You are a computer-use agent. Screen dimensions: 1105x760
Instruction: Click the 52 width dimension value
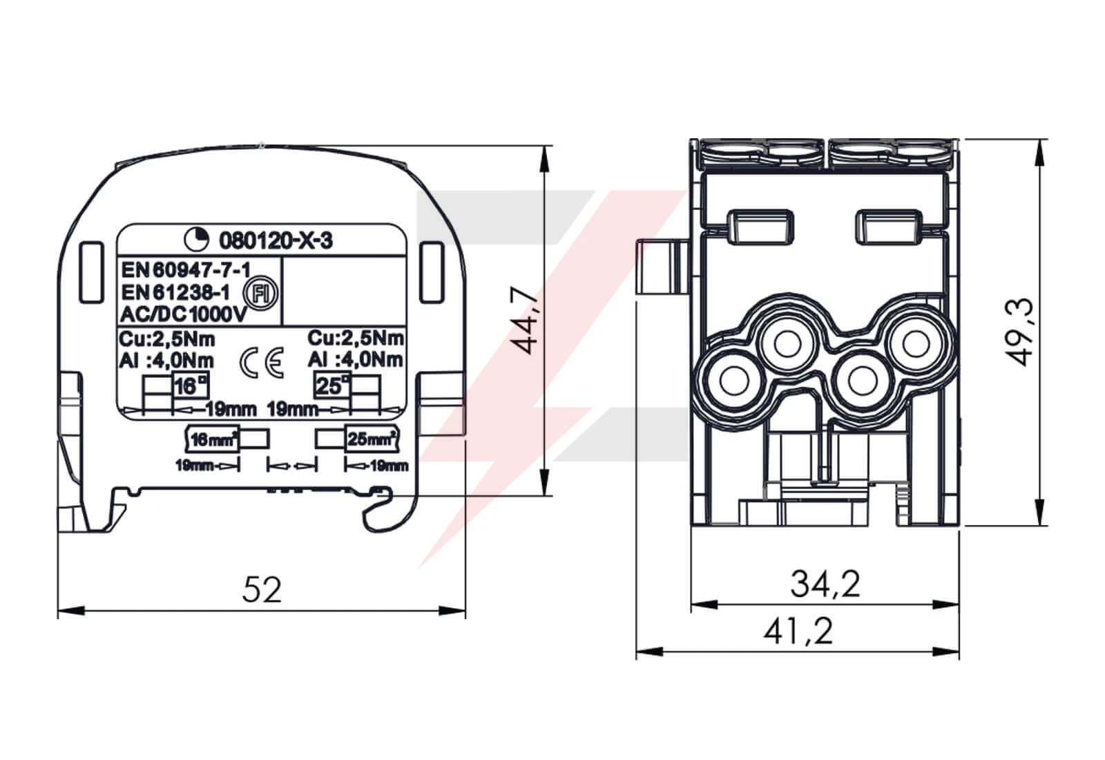[262, 589]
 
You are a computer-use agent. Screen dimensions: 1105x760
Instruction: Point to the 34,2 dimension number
[825, 585]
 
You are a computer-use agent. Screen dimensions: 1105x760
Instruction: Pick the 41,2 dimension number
[798, 631]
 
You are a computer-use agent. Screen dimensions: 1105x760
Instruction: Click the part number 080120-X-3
[276, 241]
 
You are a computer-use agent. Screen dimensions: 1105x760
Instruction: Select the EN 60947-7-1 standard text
[186, 270]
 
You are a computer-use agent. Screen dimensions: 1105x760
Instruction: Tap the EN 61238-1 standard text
[175, 293]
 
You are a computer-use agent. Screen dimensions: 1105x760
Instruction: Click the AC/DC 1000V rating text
[184, 314]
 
